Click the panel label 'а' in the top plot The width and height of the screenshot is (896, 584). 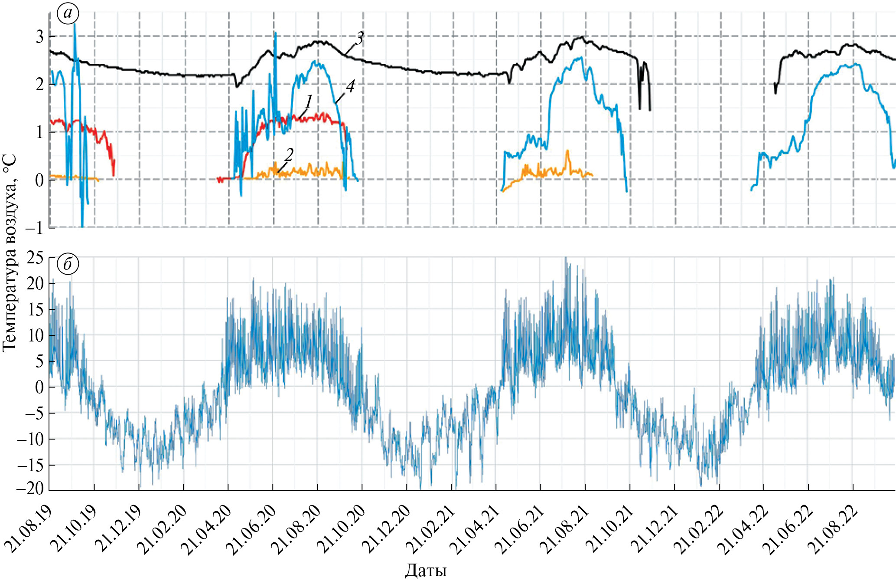point(68,13)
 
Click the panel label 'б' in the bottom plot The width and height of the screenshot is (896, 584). point(68,264)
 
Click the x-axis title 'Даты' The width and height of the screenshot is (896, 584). point(426,571)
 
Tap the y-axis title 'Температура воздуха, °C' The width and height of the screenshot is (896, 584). point(10,253)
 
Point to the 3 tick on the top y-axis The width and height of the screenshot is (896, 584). point(39,36)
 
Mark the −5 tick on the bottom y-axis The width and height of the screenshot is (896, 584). point(33,413)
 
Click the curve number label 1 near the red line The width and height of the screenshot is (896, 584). point(309,102)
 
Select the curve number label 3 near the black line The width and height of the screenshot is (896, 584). point(359,39)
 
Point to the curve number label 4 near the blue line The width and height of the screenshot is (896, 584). point(350,86)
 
